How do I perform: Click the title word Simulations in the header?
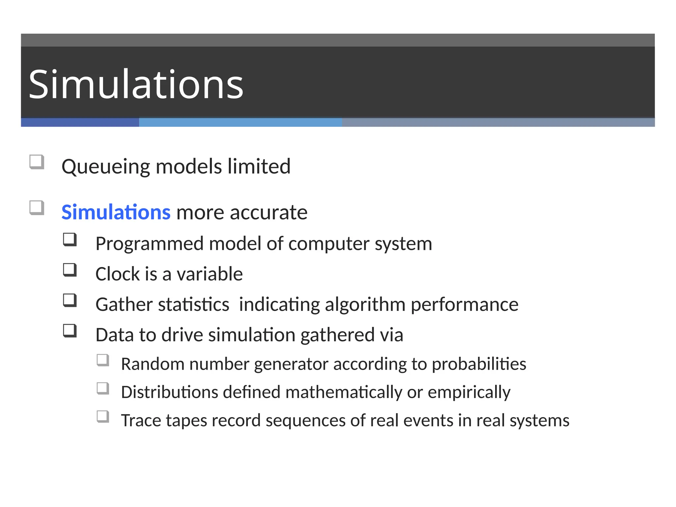coord(136,84)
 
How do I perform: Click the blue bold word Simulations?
coord(116,212)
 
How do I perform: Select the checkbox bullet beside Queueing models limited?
coord(37,162)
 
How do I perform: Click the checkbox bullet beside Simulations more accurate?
coord(37,208)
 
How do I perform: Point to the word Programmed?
coord(149,244)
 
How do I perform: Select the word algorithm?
coord(365,305)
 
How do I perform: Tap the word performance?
coord(464,305)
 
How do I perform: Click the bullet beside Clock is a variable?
coord(70,270)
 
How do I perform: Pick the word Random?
coord(152,364)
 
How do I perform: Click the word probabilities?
coord(479,364)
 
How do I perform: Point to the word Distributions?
coord(169,392)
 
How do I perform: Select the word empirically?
coord(469,392)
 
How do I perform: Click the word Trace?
coord(141,421)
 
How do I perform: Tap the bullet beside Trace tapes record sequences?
coord(103,417)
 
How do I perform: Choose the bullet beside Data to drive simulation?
coord(70,331)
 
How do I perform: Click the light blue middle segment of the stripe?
coord(240,122)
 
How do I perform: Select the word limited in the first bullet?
coord(259,166)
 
